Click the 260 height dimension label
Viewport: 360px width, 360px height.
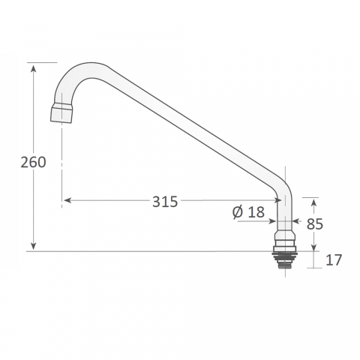click(33, 162)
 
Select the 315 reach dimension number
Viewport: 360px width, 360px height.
click(165, 202)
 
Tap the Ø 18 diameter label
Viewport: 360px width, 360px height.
click(248, 212)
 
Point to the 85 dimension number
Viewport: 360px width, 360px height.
click(315, 223)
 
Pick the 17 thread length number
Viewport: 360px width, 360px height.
click(334, 260)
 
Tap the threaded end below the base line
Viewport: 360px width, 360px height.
click(285, 261)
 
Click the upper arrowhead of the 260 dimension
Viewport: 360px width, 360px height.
click(33, 68)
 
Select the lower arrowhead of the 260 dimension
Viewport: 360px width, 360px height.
click(33, 245)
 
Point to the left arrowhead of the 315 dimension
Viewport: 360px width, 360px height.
click(68, 200)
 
